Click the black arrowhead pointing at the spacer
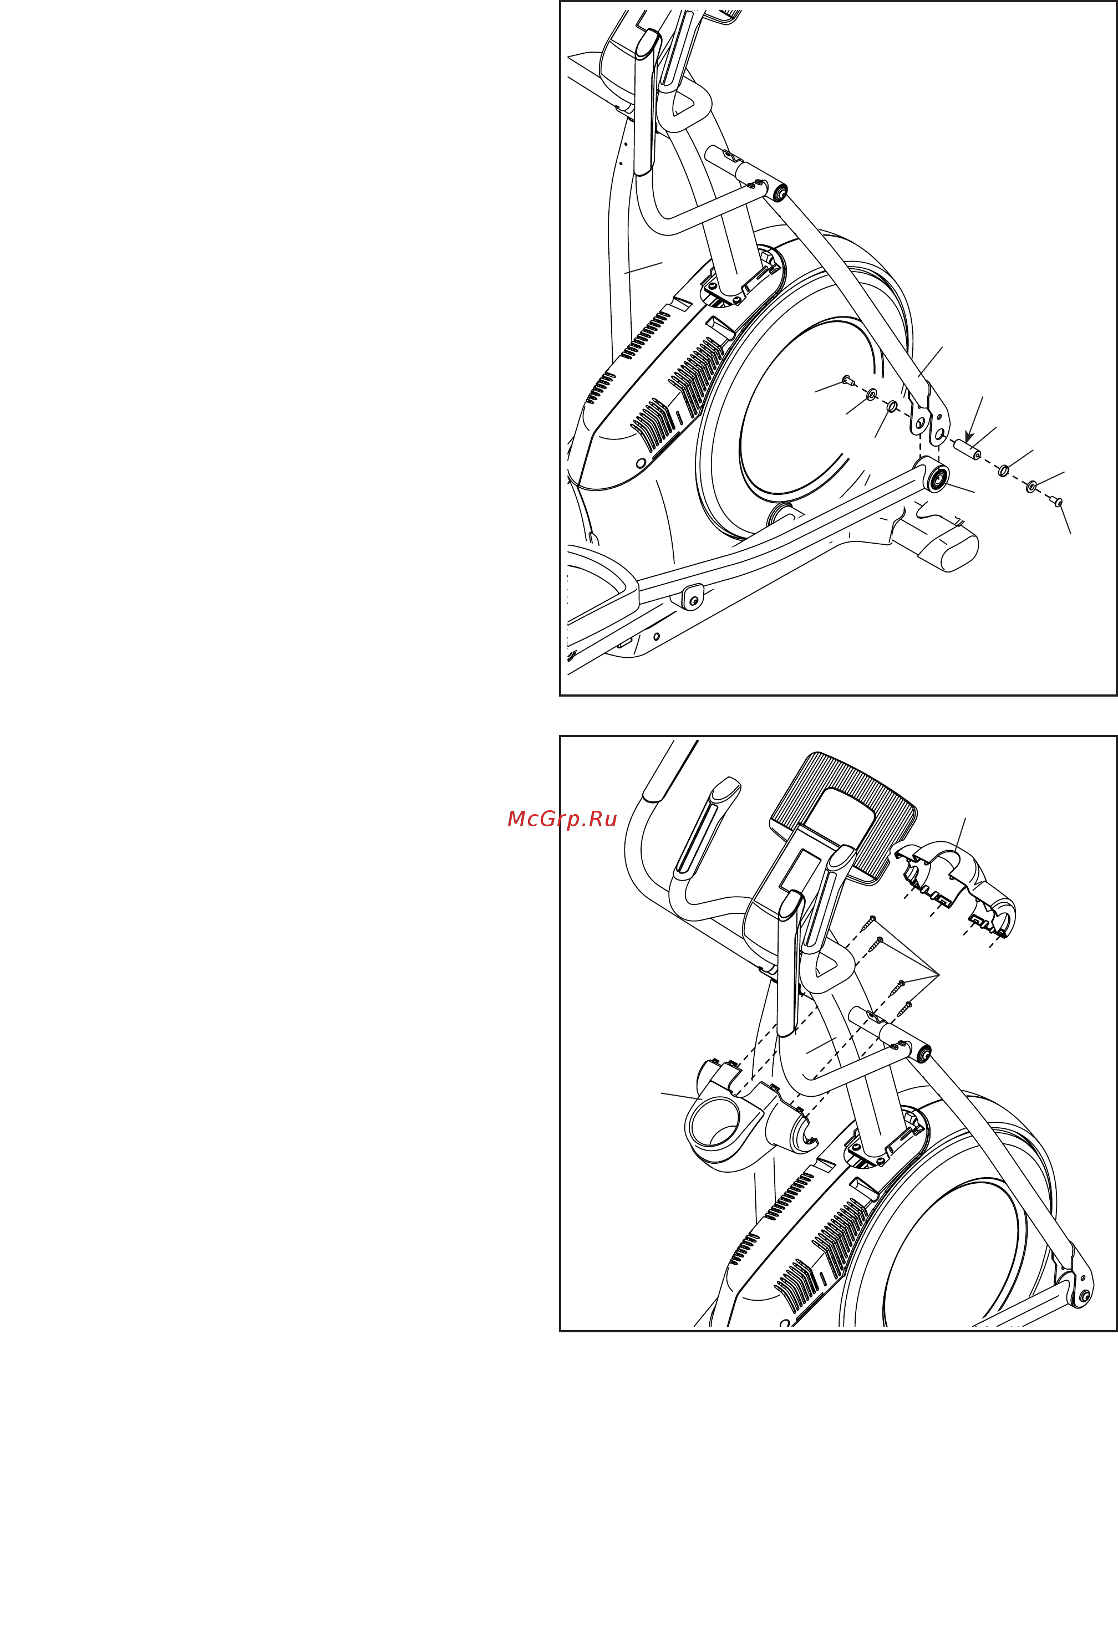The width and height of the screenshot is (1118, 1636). [x=969, y=437]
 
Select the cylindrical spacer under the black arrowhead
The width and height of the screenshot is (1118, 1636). [x=967, y=449]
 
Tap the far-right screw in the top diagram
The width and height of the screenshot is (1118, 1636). [x=1056, y=501]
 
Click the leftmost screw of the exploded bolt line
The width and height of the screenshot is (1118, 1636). [x=848, y=381]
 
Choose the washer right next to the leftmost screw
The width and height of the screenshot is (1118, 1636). [x=871, y=394]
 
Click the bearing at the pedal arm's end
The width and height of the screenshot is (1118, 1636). [x=937, y=480]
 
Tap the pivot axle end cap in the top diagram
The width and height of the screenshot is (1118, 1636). [x=780, y=193]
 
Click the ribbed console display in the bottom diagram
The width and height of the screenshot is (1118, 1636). [x=844, y=816]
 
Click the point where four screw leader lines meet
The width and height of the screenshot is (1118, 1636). [x=939, y=974]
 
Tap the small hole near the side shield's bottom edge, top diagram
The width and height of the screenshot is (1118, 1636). [x=641, y=463]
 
